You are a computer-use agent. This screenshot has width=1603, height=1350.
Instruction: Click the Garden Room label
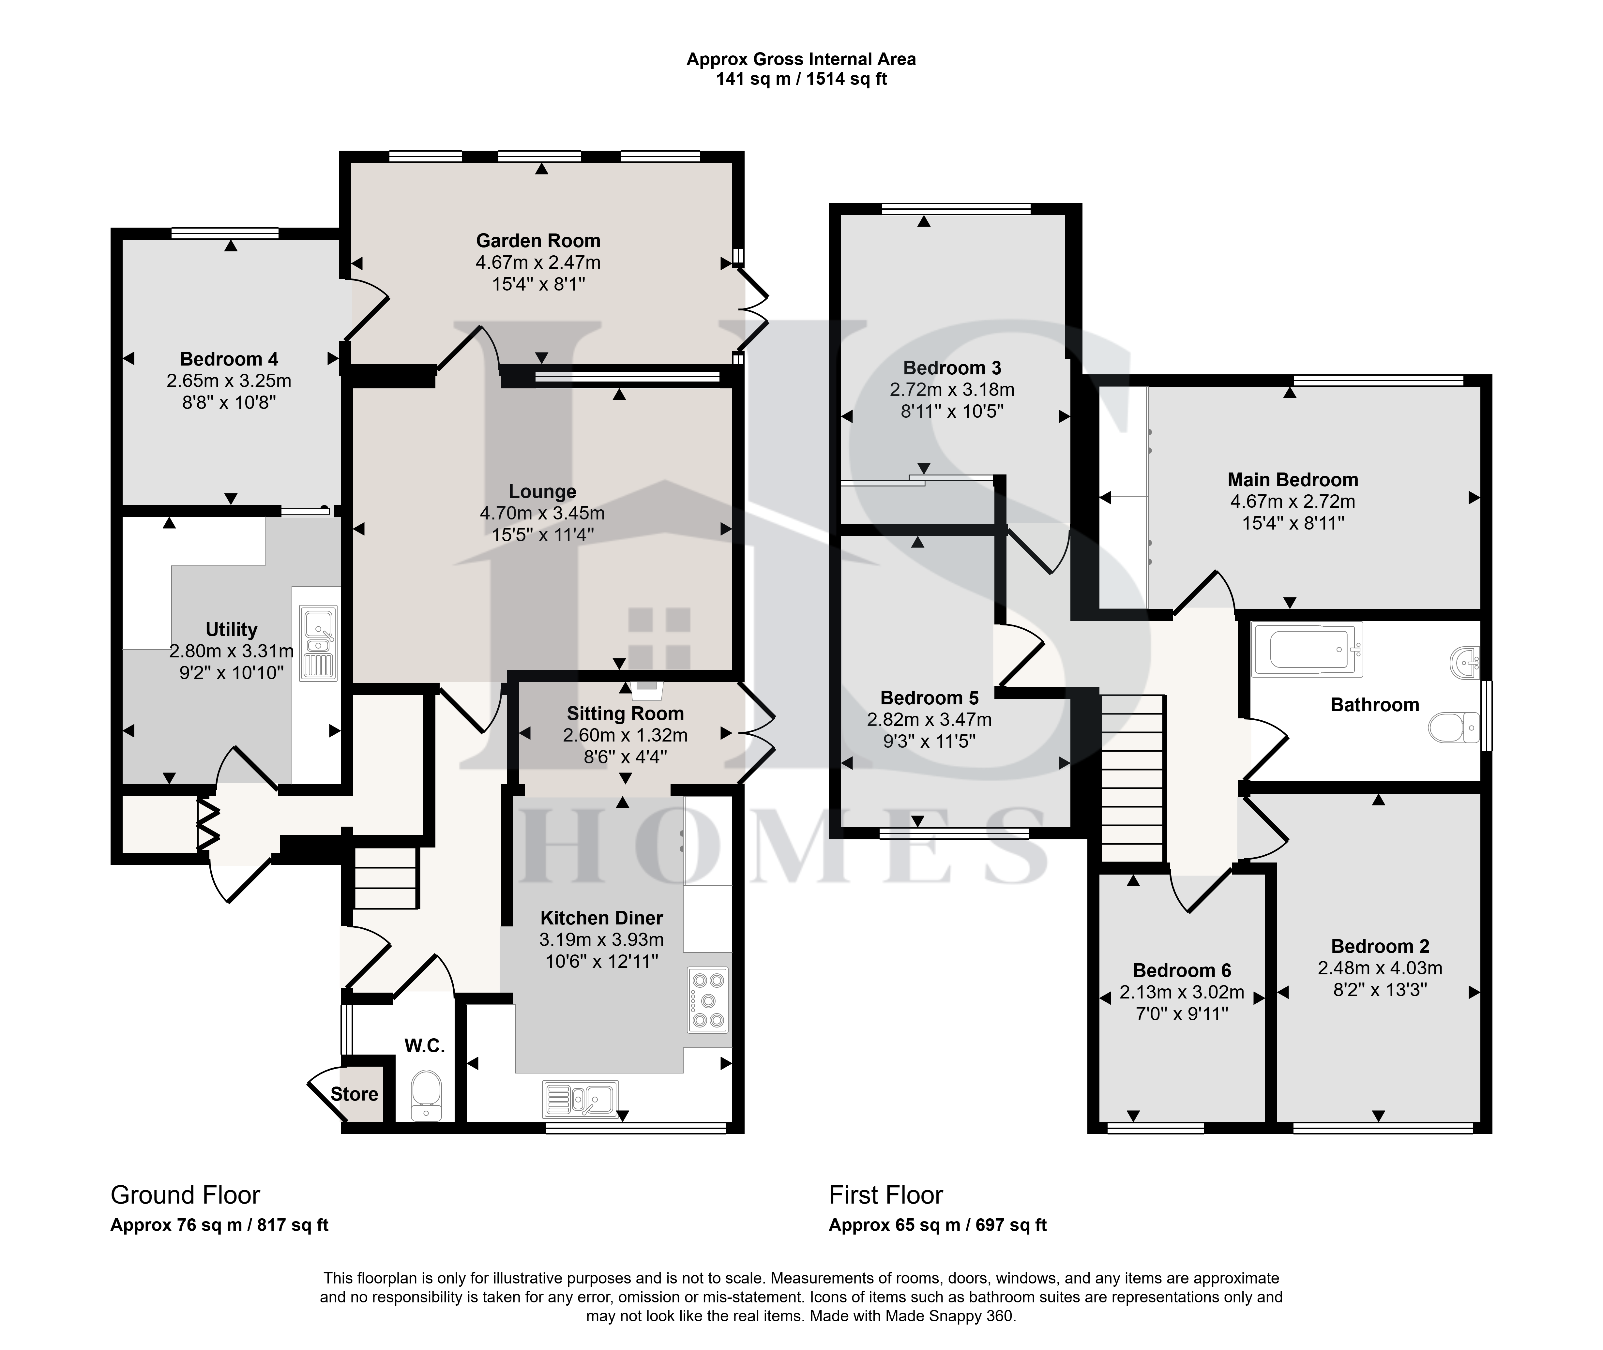point(538,241)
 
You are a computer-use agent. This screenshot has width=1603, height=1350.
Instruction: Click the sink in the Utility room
point(318,644)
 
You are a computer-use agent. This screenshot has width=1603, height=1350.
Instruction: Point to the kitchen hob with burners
point(707,1000)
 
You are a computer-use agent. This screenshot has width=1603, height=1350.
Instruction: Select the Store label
point(355,1094)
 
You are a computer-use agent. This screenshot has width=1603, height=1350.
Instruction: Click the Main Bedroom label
point(1293,480)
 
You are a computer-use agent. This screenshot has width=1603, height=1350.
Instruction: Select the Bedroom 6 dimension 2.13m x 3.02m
point(1182,993)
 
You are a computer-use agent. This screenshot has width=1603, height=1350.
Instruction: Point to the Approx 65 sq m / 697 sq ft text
point(938,1225)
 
